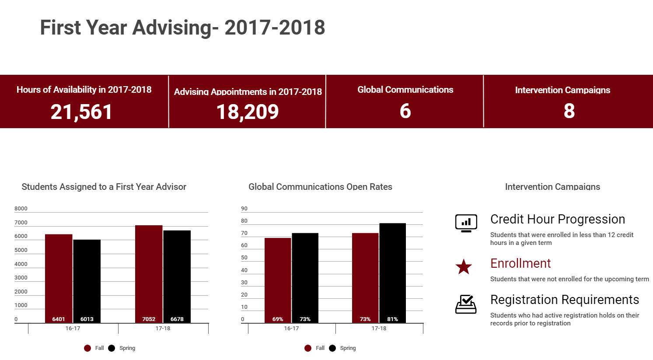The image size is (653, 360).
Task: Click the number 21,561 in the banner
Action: click(81, 112)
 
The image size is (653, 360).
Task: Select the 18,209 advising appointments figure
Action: click(248, 112)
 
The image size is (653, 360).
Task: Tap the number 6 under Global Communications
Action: click(405, 111)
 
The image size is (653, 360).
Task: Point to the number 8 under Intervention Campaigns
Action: click(569, 111)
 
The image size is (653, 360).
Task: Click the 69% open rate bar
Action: click(278, 280)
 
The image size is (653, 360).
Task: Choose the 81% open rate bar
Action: click(392, 273)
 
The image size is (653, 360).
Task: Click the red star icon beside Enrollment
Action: click(464, 266)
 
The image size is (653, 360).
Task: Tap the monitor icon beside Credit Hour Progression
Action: click(466, 223)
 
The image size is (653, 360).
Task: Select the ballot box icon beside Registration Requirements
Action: click(466, 304)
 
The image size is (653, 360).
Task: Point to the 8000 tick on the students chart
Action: click(21, 209)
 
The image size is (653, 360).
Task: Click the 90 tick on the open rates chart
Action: click(244, 209)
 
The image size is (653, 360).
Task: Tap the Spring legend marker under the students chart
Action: click(112, 348)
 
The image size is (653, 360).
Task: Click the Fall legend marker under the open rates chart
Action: click(308, 348)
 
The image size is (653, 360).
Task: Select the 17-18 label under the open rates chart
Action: click(379, 329)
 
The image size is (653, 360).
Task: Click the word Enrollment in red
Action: click(520, 263)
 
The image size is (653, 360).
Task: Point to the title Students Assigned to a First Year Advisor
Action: click(104, 187)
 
